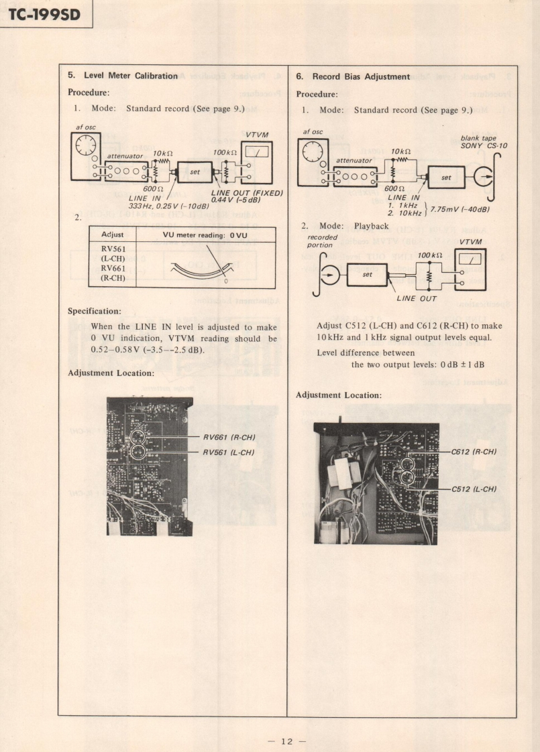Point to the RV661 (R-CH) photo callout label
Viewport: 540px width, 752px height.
point(230,438)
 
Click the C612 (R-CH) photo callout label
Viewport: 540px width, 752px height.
point(474,452)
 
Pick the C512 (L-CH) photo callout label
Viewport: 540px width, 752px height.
point(474,489)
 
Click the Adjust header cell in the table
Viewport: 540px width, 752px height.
point(112,235)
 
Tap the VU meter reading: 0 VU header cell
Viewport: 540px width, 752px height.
point(205,235)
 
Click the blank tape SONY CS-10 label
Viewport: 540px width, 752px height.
point(484,142)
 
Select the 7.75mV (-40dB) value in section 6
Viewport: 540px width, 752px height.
point(460,209)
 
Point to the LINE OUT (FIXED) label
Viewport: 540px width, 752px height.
point(246,193)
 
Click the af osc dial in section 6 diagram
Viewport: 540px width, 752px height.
point(311,153)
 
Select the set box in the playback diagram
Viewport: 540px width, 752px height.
point(367,274)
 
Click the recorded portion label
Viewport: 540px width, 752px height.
point(322,241)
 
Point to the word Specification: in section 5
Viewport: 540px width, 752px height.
point(95,311)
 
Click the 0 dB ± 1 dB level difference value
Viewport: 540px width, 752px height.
point(462,365)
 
